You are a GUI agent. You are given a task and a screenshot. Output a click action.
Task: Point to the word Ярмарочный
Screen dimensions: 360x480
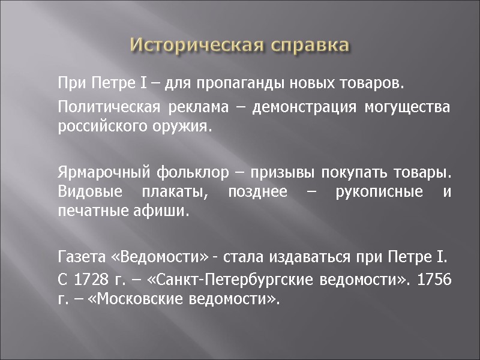point(103,175)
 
